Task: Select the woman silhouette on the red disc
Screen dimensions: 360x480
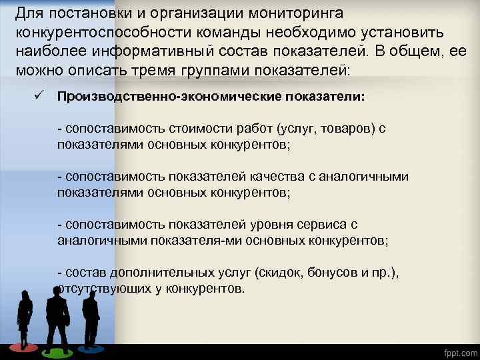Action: click(25, 319)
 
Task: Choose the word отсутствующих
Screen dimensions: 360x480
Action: click(97, 288)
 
